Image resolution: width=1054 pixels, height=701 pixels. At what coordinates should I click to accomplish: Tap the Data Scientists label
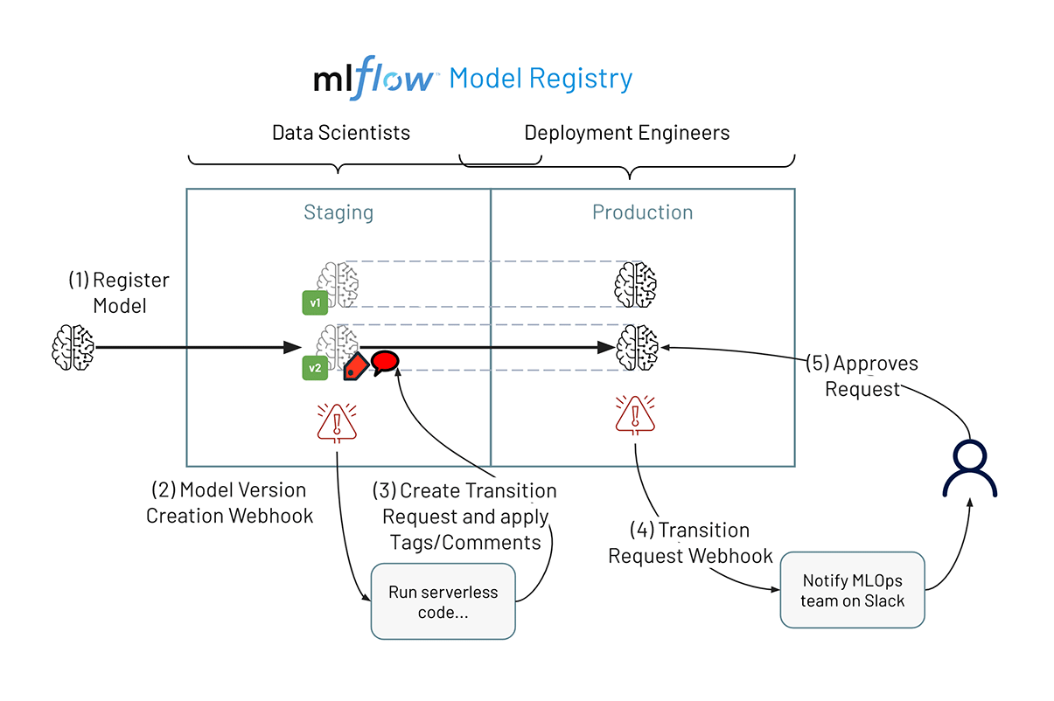click(x=341, y=133)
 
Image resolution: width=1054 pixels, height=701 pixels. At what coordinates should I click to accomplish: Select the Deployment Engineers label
click(x=626, y=133)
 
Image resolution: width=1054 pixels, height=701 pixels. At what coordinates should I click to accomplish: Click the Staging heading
click(x=339, y=212)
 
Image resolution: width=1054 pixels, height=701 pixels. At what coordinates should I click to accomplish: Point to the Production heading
click(x=642, y=212)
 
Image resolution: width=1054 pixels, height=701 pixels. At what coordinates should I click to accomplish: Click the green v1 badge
click(x=315, y=303)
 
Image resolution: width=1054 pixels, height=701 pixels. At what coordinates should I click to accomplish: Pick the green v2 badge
click(x=315, y=368)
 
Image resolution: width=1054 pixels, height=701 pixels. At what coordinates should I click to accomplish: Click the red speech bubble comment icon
click(x=385, y=361)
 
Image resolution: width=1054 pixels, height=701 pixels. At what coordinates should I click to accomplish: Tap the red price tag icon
click(x=354, y=366)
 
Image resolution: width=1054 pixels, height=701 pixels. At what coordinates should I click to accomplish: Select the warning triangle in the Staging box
click(x=336, y=422)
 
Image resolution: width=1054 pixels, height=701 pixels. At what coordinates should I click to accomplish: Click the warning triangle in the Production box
click(x=635, y=413)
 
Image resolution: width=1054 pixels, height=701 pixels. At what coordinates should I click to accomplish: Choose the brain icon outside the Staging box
click(x=73, y=346)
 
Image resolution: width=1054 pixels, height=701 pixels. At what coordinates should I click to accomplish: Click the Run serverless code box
click(x=443, y=602)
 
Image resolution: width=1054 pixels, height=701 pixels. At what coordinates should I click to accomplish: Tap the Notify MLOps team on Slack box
click(x=852, y=590)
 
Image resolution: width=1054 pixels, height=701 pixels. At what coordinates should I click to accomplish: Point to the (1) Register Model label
click(x=119, y=293)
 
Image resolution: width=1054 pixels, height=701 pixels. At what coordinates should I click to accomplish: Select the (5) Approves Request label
click(x=862, y=376)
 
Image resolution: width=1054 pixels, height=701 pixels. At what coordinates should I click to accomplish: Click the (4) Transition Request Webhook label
click(x=690, y=543)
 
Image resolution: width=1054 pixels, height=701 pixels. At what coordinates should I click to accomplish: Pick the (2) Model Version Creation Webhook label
click(x=229, y=503)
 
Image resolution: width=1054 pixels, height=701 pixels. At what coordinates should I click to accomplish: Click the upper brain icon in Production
click(x=635, y=283)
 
